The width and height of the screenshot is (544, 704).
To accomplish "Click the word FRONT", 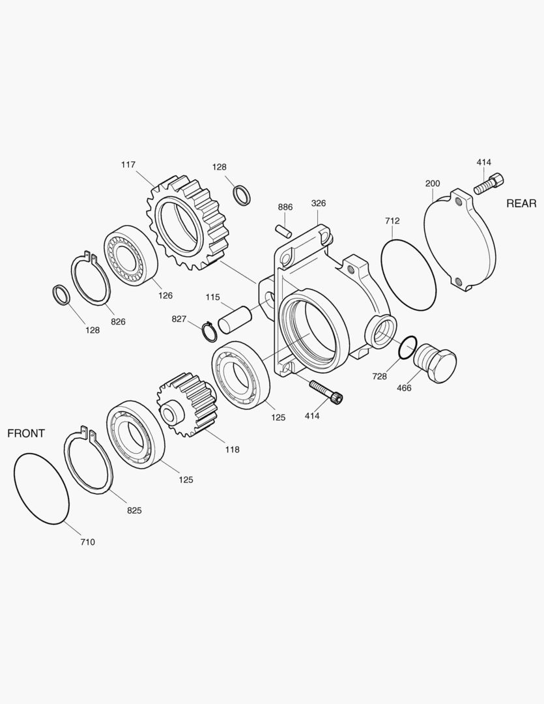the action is (x=26, y=433).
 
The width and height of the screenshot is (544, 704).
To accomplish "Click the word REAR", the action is (x=521, y=203).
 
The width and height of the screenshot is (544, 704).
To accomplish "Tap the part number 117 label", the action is (x=128, y=165).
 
